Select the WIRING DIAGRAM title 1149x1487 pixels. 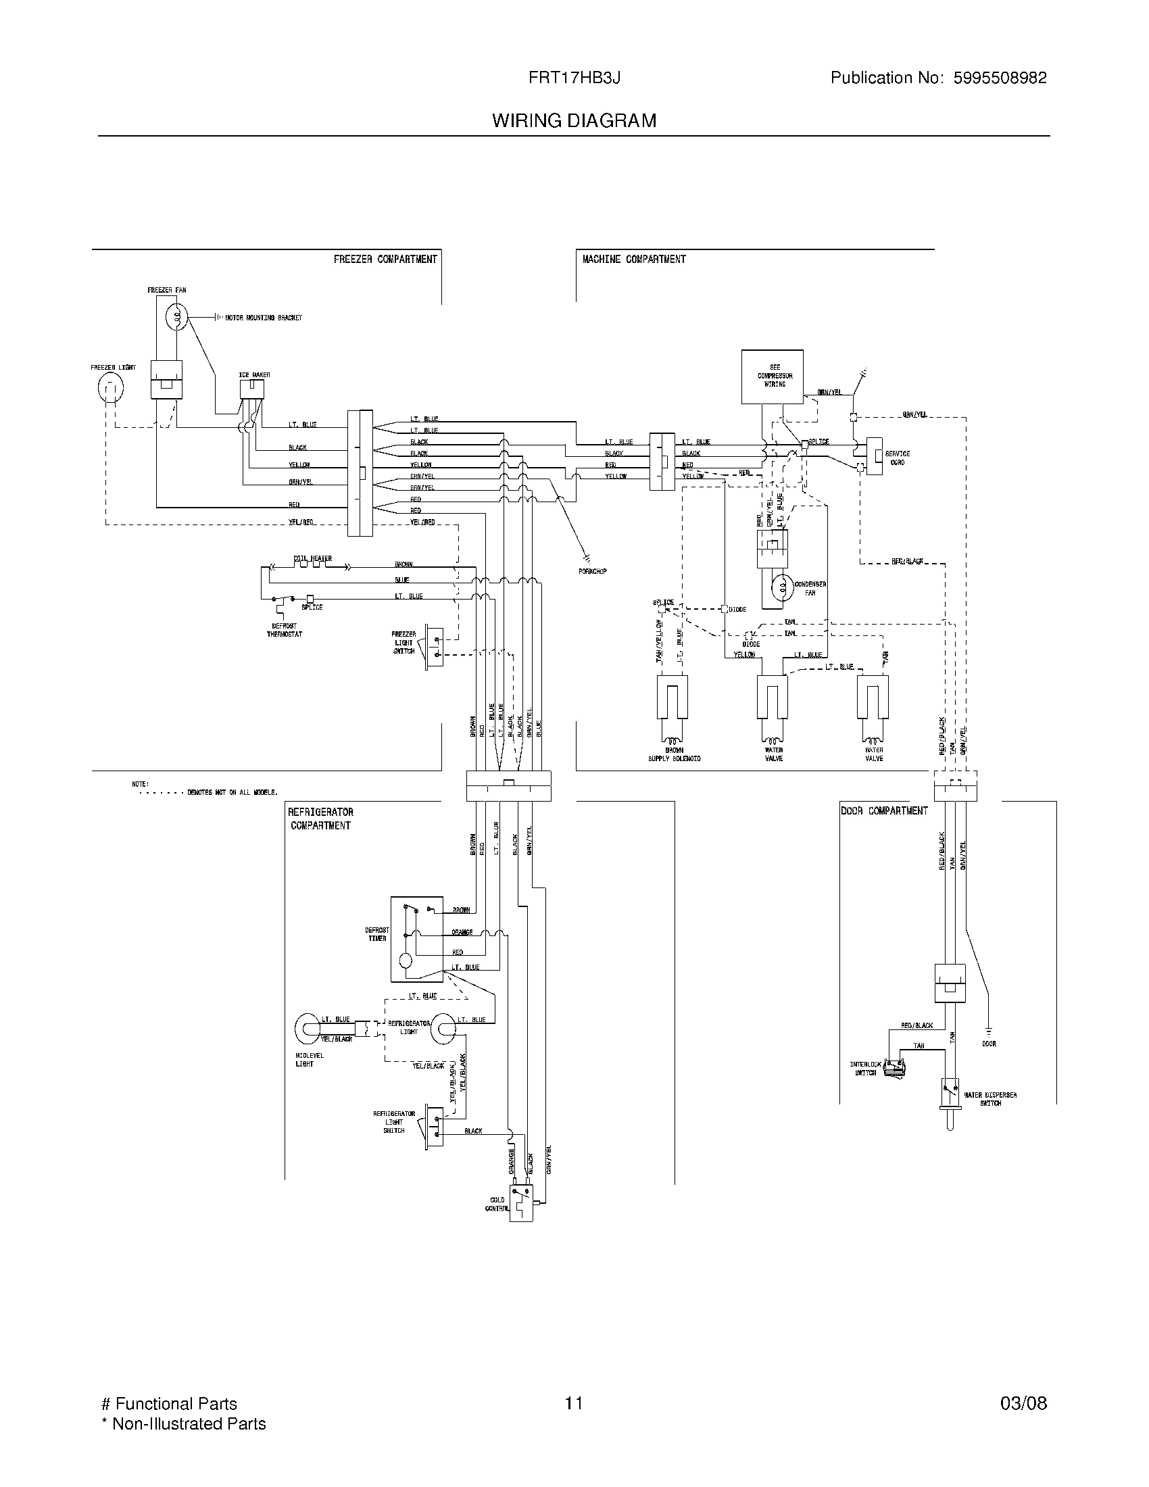(x=574, y=121)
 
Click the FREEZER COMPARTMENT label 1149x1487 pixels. (x=385, y=260)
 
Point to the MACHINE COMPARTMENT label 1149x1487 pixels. (x=634, y=260)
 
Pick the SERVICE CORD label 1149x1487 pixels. (x=897, y=458)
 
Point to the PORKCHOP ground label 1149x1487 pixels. (x=591, y=571)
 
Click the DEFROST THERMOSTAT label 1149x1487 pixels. (x=284, y=630)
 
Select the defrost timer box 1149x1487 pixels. (x=416, y=940)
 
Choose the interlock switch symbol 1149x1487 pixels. (x=892, y=1070)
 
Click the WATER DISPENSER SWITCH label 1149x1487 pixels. (x=989, y=1099)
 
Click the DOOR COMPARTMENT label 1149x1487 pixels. (x=884, y=811)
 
